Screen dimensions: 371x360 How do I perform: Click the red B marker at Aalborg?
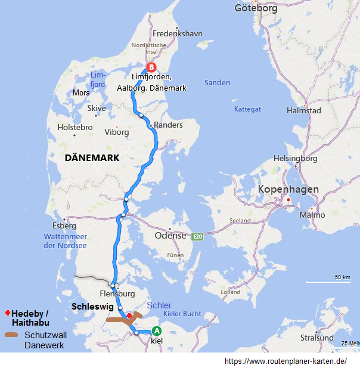pos(151,67)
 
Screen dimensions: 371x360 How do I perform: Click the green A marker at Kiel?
pos(157,331)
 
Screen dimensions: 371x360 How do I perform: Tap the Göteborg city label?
pos(256,8)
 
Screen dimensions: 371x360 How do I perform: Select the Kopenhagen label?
pos(288,189)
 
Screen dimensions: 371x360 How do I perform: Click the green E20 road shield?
pos(198,237)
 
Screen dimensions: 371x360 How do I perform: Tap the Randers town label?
pos(168,125)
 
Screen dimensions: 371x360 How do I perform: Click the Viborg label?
pos(116,132)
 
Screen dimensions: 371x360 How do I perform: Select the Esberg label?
pos(64,226)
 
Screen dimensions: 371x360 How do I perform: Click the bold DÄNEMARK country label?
pos(92,158)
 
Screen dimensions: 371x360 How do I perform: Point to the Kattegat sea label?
pos(247,109)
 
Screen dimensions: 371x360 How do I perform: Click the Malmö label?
pos(312,215)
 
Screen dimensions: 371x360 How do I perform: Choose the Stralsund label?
pos(317,338)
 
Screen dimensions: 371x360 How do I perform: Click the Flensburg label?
pos(117,294)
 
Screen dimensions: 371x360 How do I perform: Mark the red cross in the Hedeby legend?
pos(7,313)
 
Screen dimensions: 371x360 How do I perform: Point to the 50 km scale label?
pos(342,277)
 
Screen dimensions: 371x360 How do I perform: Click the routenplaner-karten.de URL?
pos(285,361)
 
